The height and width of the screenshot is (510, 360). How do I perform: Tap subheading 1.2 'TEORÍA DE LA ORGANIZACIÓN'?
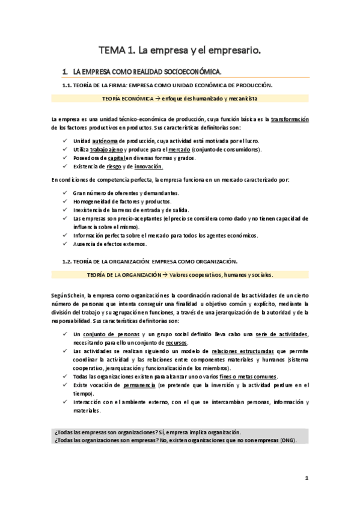coord(150,262)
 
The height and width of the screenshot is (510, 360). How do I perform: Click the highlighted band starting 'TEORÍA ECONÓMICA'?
coord(180,98)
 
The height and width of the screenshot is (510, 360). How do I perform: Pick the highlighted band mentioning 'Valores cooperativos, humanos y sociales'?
coord(180,275)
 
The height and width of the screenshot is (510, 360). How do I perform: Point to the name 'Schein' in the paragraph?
coord(75,296)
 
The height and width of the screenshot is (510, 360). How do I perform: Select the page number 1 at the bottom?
coord(306,479)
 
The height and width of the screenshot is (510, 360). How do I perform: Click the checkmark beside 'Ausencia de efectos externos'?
coord(66,244)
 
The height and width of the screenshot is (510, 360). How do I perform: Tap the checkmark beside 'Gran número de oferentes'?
coord(66,192)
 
